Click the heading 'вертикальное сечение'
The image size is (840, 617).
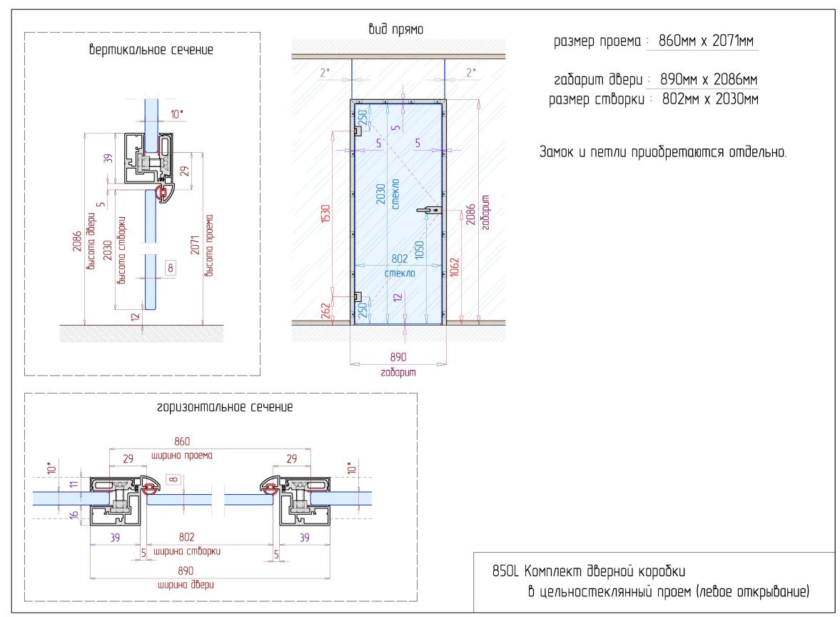tap(151, 50)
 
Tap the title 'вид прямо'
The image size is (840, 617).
tap(396, 29)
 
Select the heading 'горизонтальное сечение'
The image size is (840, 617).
tap(225, 407)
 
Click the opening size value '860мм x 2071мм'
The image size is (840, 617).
tap(706, 41)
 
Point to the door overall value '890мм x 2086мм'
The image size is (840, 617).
tap(709, 79)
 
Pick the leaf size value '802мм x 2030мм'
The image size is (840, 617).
tap(710, 99)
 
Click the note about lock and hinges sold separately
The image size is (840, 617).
tap(663, 151)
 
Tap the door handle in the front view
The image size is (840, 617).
tap(430, 210)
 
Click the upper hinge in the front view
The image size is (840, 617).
tap(357, 130)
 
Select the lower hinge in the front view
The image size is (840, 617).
tap(357, 296)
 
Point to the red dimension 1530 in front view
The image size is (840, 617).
tap(325, 213)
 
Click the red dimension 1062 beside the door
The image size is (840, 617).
tap(455, 267)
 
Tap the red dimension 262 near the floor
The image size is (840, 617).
tap(325, 311)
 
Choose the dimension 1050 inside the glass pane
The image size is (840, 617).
tap(420, 249)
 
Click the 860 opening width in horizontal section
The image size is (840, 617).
tap(182, 441)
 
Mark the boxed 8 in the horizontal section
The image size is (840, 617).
tap(173, 479)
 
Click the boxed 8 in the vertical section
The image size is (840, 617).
tap(171, 268)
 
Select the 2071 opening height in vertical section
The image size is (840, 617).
tap(195, 245)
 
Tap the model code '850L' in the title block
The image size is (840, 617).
tap(506, 571)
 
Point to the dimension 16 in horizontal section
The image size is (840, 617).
tap(74, 515)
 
